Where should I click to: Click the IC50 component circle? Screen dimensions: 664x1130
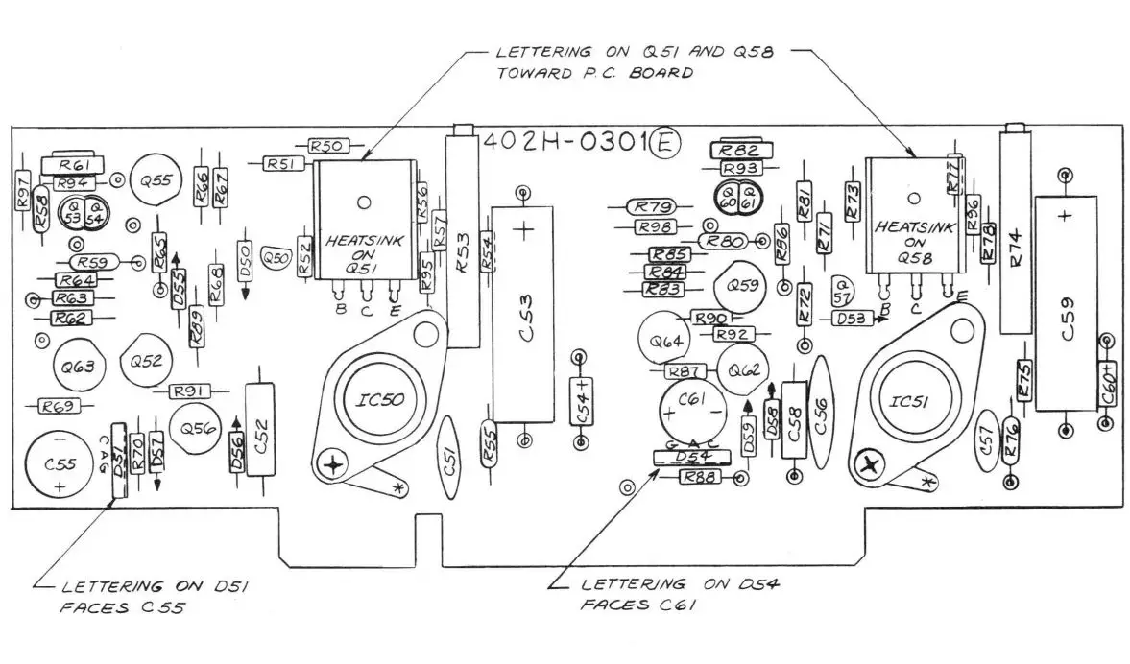click(366, 399)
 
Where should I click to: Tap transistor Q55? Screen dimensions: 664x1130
click(156, 179)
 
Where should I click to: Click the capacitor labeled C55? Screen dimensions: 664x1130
click(60, 465)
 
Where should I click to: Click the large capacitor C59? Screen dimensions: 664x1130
click(1067, 303)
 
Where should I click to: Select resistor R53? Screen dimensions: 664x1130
click(464, 241)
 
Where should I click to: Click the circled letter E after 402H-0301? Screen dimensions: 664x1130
click(665, 143)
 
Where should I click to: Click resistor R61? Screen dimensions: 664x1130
click(74, 166)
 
